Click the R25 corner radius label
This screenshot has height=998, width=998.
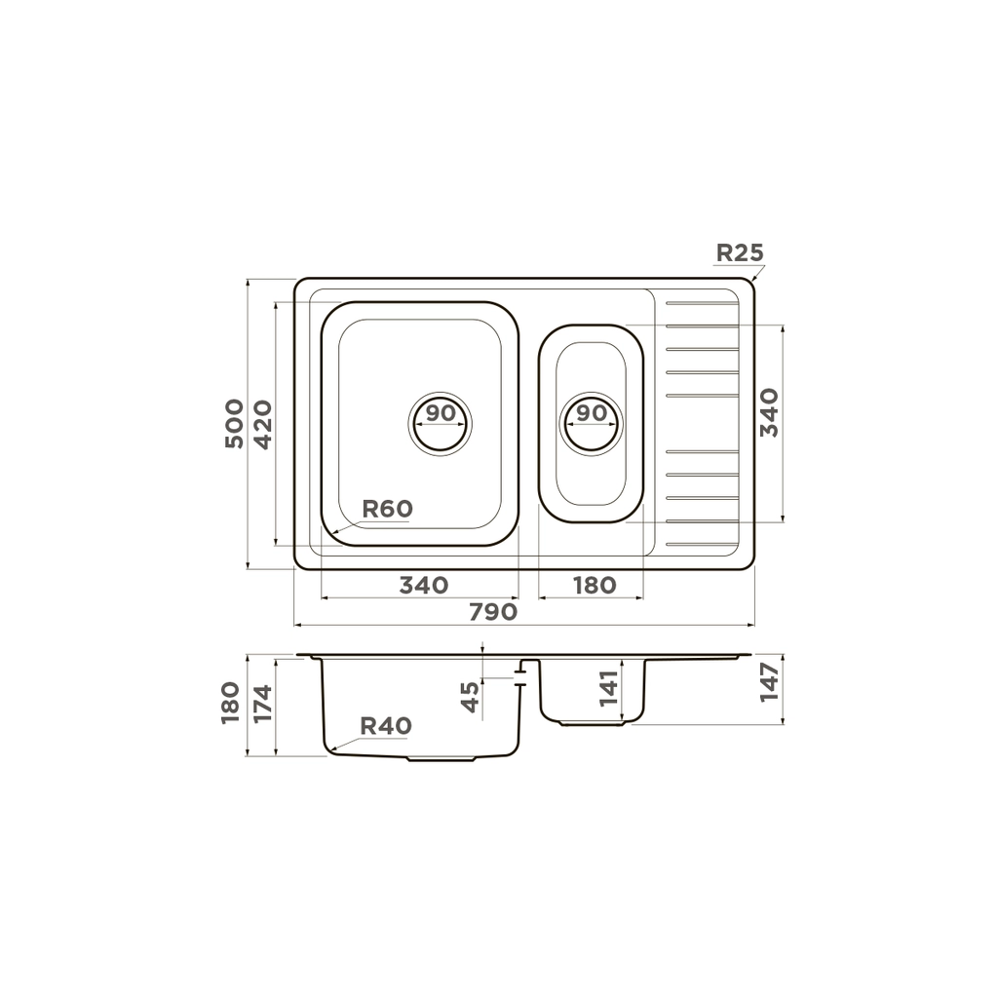pos(739,252)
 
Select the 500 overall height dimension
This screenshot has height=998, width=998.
pos(234,424)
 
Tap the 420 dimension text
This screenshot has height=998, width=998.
pos(263,425)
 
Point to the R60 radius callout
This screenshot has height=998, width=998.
pos(388,509)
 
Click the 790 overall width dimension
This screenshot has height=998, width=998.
pos(493,612)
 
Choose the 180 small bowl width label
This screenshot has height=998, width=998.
pos(595,585)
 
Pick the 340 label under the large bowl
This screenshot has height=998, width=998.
pos(424,585)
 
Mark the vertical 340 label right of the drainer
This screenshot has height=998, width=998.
pos(770,412)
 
